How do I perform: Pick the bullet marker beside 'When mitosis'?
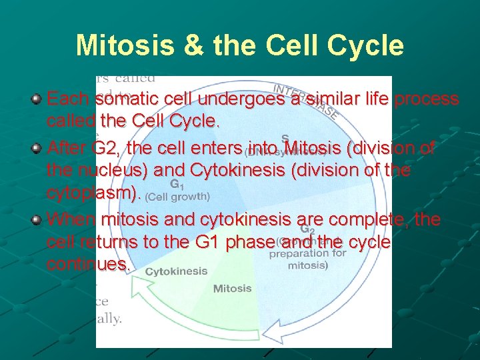[37, 219]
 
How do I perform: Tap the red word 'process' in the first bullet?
[427, 99]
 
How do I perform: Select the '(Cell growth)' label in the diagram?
[177, 197]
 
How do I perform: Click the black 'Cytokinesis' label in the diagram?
[176, 271]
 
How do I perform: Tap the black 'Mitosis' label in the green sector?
[232, 289]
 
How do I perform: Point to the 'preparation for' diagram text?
[307, 253]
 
